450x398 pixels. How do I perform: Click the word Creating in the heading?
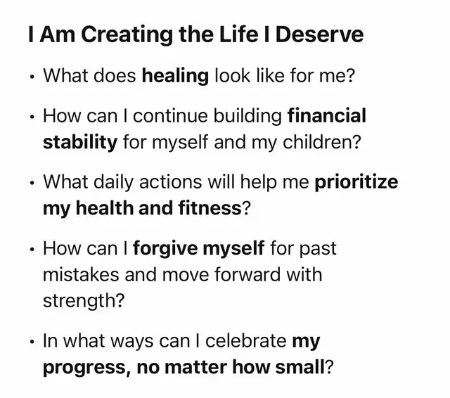click(x=127, y=35)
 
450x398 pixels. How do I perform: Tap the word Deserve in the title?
click(x=319, y=34)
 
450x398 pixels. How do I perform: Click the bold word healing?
click(x=175, y=77)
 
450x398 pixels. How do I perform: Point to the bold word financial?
click(x=327, y=115)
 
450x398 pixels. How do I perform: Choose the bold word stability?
click(x=80, y=143)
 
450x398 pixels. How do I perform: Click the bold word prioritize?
click(x=356, y=182)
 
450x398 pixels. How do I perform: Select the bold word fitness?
click(x=210, y=208)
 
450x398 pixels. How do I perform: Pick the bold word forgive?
click(x=165, y=248)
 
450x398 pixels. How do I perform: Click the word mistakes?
click(x=81, y=275)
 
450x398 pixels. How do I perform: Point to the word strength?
click(x=79, y=301)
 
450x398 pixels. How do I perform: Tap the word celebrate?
click(x=246, y=341)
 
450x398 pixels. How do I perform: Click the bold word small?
click(x=300, y=367)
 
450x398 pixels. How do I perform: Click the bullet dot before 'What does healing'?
click(x=32, y=77)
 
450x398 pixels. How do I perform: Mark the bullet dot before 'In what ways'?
click(x=32, y=342)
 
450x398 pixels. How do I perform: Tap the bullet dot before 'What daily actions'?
click(x=32, y=183)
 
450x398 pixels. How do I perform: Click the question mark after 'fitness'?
click(x=247, y=208)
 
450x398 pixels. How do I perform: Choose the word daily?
click(x=114, y=183)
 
